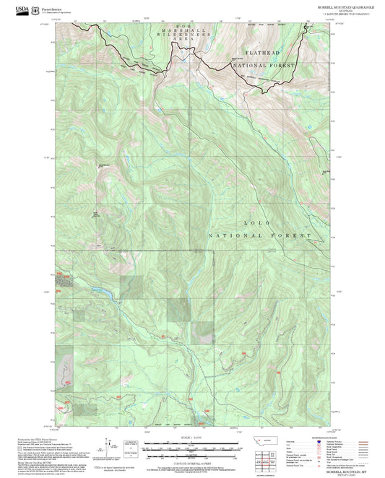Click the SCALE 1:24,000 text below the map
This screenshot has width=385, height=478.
click(x=192, y=437)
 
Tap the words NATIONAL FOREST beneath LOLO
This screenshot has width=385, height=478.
click(x=261, y=235)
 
